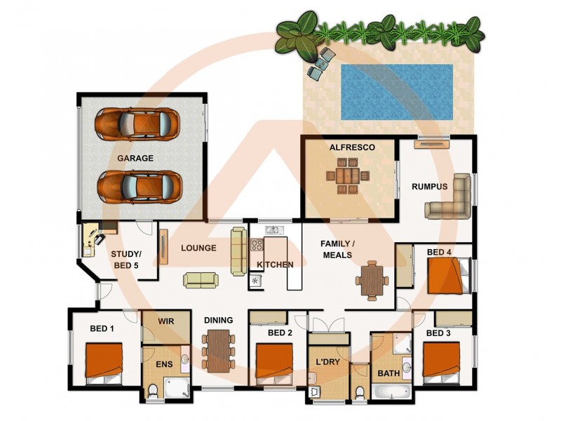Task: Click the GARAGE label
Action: [x=135, y=159]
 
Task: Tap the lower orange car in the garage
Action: [x=137, y=186]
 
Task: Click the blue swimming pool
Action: [x=397, y=91]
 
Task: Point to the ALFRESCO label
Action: [x=352, y=148]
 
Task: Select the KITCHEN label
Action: [x=275, y=265]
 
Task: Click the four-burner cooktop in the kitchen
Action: [x=257, y=246]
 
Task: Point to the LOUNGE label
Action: [x=198, y=248]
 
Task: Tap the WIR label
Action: [x=165, y=321]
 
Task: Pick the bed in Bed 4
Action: [x=446, y=275]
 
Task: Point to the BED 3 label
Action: [x=438, y=333]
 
